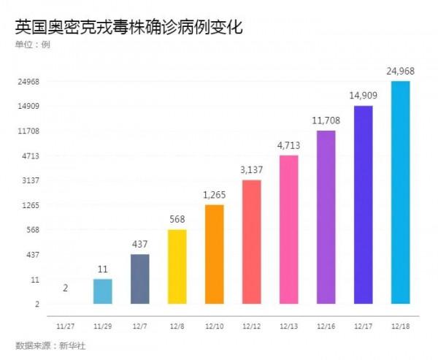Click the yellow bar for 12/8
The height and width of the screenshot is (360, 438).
click(x=177, y=266)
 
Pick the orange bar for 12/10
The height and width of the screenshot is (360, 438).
click(x=215, y=253)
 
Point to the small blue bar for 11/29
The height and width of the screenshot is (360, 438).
click(x=103, y=291)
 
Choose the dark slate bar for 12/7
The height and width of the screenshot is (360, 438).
click(x=140, y=278)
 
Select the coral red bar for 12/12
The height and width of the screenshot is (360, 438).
click(x=252, y=241)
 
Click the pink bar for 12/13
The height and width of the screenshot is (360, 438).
click(x=289, y=229)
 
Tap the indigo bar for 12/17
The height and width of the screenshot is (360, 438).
click(x=364, y=204)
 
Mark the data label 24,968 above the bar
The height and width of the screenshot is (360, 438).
click(x=401, y=71)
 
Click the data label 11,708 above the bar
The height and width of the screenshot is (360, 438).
click(x=326, y=120)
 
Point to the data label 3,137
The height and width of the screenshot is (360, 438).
click(x=252, y=169)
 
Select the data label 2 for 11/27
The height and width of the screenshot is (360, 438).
click(x=66, y=288)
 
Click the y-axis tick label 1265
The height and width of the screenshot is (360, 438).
click(x=30, y=205)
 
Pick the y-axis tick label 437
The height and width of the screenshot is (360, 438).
click(x=31, y=255)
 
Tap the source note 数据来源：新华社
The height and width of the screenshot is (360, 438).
click(x=50, y=345)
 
